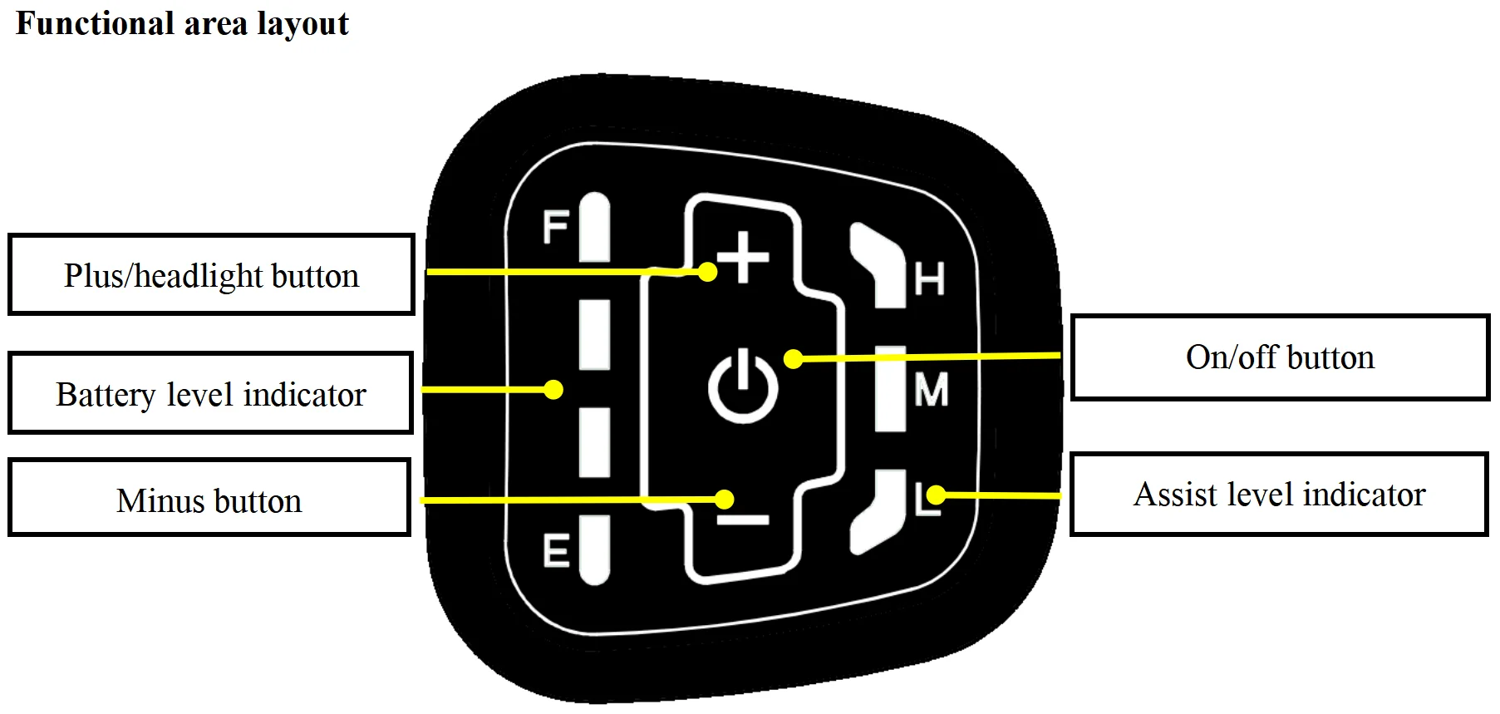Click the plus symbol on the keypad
pos(743,258)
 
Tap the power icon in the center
pos(743,387)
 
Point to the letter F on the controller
pos(555,227)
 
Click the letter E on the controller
pos(556,551)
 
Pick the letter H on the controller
pos(930,279)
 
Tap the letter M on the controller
pos(931,389)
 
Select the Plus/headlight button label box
pos(211,275)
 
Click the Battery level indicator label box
pos(210,393)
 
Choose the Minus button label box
pos(209,498)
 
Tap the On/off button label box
pos(1280,357)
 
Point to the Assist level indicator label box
pos(1279,495)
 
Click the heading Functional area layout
pos(183,23)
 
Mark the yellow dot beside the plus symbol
pos(707,271)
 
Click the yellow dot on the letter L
pos(936,495)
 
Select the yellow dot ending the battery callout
pos(553,389)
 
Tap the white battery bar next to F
pos(594,229)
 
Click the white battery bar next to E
pos(594,549)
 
